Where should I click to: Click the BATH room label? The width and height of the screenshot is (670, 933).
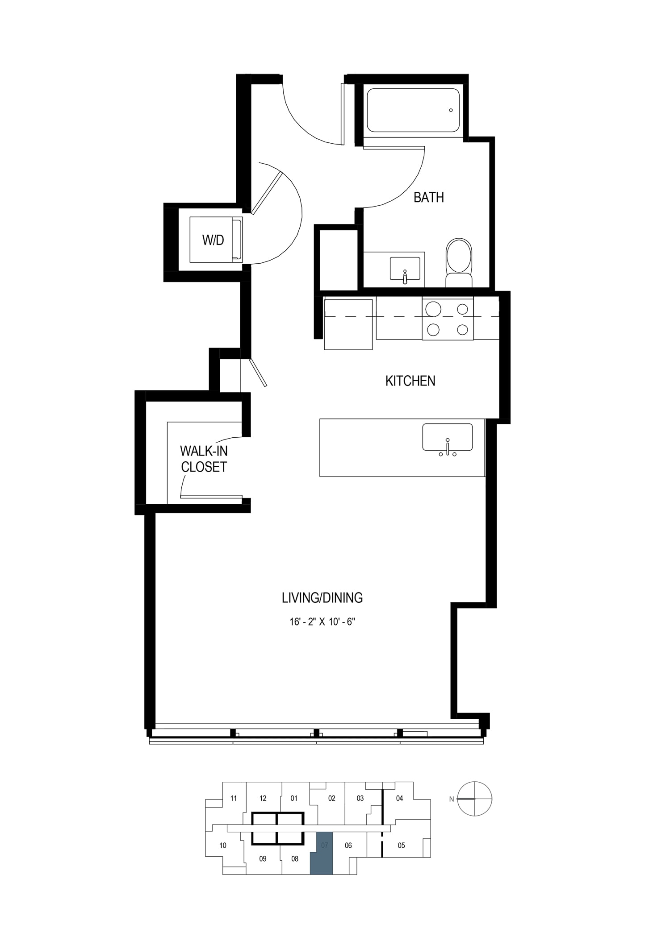(428, 197)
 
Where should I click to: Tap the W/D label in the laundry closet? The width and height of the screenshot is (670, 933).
(213, 240)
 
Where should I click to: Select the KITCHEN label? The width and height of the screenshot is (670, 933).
(410, 381)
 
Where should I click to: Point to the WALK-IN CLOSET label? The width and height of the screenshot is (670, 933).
(204, 459)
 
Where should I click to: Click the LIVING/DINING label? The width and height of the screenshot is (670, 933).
(322, 597)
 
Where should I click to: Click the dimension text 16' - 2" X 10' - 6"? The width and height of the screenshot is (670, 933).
(322, 622)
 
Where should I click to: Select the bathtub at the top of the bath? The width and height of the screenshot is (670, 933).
(413, 110)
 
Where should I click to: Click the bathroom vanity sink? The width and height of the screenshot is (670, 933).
(405, 269)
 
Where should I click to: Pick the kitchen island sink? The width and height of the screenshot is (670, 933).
(448, 438)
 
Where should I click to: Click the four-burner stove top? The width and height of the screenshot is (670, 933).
(448, 319)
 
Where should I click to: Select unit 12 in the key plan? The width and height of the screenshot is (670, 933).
(263, 799)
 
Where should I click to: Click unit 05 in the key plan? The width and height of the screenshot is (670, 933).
(401, 845)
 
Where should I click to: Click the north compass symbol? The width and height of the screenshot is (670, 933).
(475, 799)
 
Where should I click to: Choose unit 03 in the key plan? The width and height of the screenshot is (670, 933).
(360, 799)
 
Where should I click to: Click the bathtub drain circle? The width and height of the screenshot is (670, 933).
(451, 110)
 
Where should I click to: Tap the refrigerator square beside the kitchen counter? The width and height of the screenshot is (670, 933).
(348, 324)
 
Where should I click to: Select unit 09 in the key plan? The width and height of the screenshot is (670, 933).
(263, 858)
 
